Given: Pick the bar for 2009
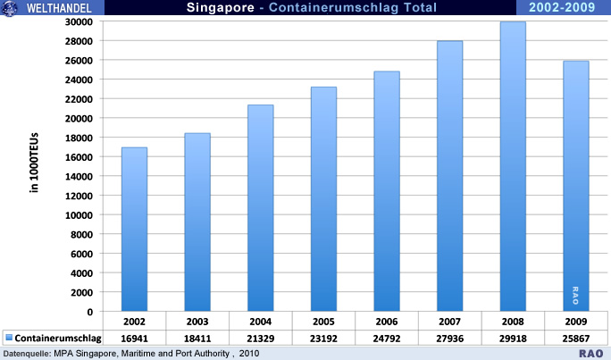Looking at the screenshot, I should coord(575,187).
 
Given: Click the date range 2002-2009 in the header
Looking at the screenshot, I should coord(563,8).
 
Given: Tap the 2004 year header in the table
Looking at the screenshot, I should coord(260,320).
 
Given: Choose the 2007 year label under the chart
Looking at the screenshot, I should coord(449,320).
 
